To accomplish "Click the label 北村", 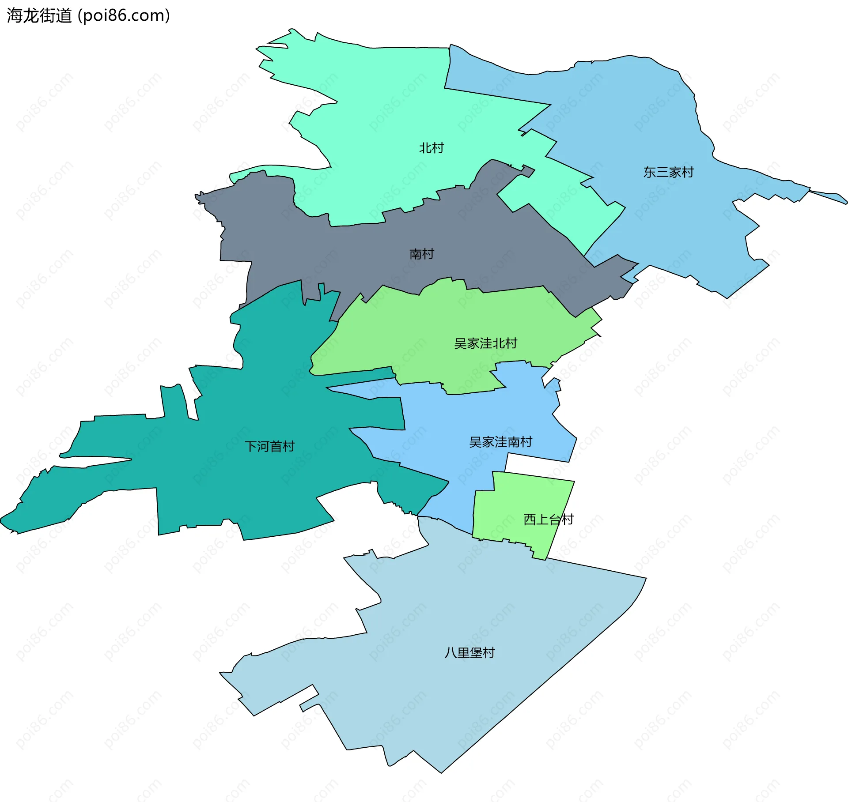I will pyautogui.click(x=431, y=148).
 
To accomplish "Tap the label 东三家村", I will pyautogui.click(x=668, y=172).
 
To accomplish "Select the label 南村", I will pyautogui.click(x=421, y=254).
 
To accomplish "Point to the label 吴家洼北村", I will pyautogui.click(x=485, y=343).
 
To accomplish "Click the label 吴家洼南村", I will pyautogui.click(x=500, y=442).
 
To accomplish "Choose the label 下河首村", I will pyautogui.click(x=269, y=446).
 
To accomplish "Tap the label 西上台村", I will pyautogui.click(x=548, y=519).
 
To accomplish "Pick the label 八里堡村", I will pyautogui.click(x=469, y=652).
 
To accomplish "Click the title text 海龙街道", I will pyautogui.click(x=39, y=16).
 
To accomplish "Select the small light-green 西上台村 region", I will pyautogui.click(x=512, y=508).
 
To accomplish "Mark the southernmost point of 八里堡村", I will pyautogui.click(x=441, y=772).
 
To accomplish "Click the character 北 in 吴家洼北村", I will pyautogui.click(x=498, y=343).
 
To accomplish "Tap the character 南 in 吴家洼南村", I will pyautogui.click(x=513, y=442).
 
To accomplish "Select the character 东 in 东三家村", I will pyautogui.click(x=649, y=172).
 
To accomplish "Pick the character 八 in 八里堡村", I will pyautogui.click(x=450, y=652).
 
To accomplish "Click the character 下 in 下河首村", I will pyautogui.click(x=251, y=446).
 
